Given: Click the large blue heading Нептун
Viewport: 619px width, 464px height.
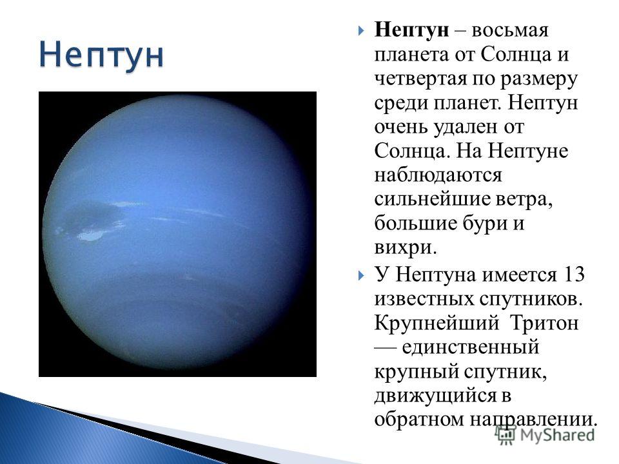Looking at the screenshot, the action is pos(101,55).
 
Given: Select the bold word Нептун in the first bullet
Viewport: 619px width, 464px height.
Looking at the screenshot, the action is pos(412,31).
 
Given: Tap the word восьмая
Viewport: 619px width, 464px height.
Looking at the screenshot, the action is pos(509,30).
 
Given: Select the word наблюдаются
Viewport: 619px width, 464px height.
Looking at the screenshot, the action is pos(438,175).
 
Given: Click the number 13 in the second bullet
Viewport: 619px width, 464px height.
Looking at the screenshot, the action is pos(573,275).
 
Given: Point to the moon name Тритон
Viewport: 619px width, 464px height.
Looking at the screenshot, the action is pos(544,323).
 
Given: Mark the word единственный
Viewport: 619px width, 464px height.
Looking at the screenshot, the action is pos(471,347).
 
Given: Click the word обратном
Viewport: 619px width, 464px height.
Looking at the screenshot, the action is pos(419,419).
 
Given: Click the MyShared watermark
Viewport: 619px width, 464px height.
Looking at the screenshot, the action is pos(545,434).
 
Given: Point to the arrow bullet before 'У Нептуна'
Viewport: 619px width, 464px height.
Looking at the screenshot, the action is pos(361,275).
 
